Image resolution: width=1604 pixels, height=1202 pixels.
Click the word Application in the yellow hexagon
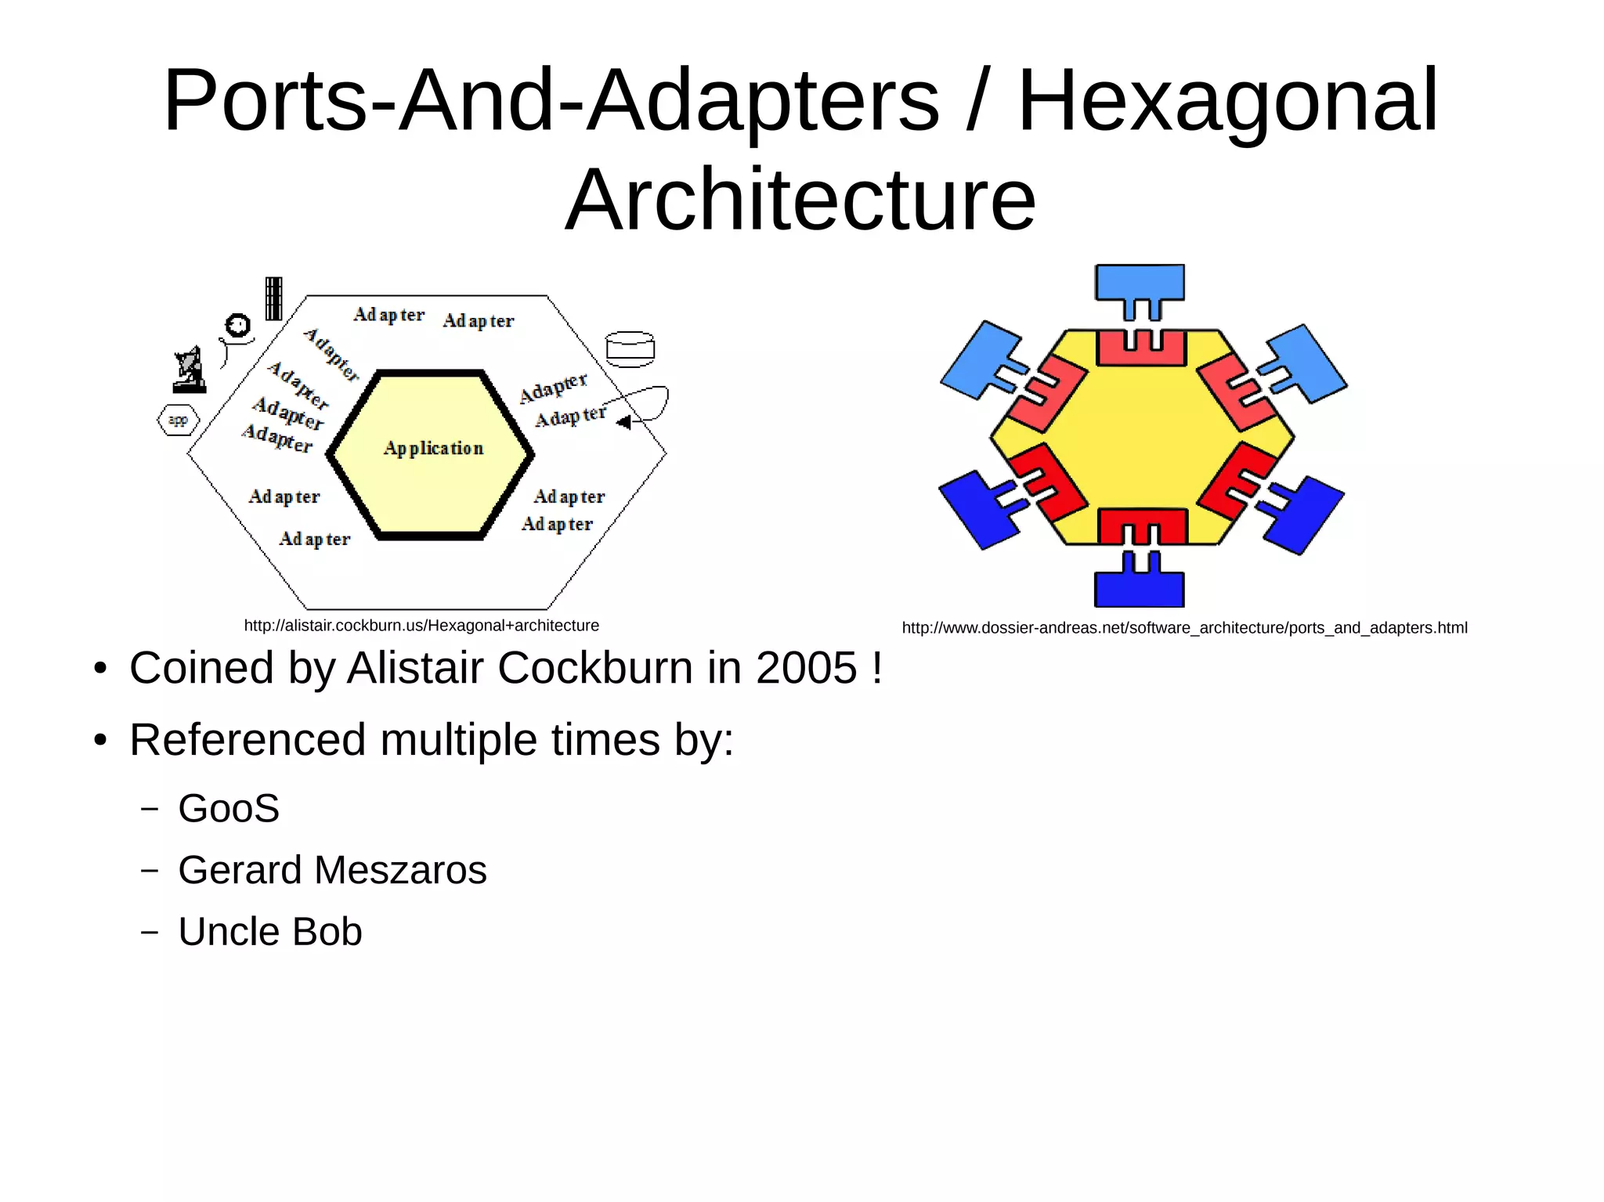pyautogui.click(x=433, y=448)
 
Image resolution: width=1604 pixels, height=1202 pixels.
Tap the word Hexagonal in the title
pyautogui.click(x=1227, y=100)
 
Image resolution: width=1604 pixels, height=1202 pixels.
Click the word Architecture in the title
pyautogui.click(x=800, y=200)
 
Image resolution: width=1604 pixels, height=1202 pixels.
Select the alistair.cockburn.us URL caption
pyautogui.click(x=421, y=626)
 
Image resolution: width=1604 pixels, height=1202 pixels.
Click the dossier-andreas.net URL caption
pyautogui.click(x=1184, y=628)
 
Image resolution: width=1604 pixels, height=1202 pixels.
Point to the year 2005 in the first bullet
pyautogui.click(x=806, y=668)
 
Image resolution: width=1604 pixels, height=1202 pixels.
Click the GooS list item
pyautogui.click(x=229, y=808)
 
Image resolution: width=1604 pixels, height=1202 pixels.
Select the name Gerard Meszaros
pyautogui.click(x=332, y=870)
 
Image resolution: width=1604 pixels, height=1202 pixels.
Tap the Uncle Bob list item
pyautogui.click(x=270, y=932)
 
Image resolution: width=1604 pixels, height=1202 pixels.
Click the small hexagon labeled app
pyautogui.click(x=179, y=421)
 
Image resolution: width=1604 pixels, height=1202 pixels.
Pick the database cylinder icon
pyautogui.click(x=630, y=349)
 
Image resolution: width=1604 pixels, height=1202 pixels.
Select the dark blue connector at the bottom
pyautogui.click(x=1140, y=583)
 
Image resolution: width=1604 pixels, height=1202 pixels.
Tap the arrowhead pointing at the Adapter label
pyautogui.click(x=623, y=423)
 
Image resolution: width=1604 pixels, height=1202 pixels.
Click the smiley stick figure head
pyautogui.click(x=237, y=324)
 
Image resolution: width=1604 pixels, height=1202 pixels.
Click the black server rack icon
pyautogui.click(x=273, y=298)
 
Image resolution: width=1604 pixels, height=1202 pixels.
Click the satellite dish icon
pyautogui.click(x=190, y=370)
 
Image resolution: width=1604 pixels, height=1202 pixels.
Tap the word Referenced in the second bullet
pyautogui.click(x=247, y=740)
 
